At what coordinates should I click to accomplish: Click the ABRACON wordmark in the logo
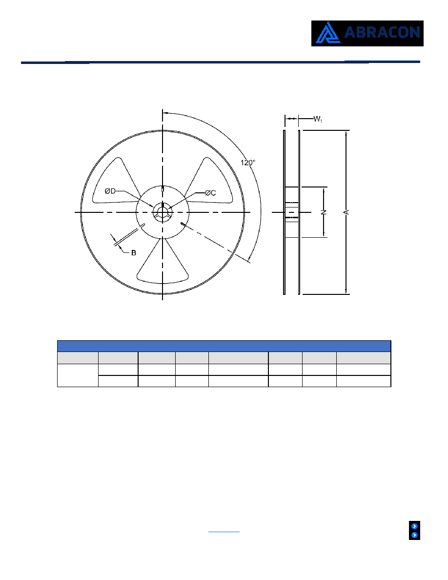[382, 33]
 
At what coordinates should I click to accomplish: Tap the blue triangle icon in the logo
[327, 33]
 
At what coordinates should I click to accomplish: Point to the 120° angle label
[248, 163]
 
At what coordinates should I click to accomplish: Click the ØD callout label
[110, 191]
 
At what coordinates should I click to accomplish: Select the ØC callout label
[210, 193]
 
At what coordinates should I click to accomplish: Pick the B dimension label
[134, 253]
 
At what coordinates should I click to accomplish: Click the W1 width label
[318, 119]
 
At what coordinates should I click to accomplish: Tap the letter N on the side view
[324, 212]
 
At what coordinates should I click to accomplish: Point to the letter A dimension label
[346, 212]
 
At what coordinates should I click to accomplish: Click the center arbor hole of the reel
[163, 212]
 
